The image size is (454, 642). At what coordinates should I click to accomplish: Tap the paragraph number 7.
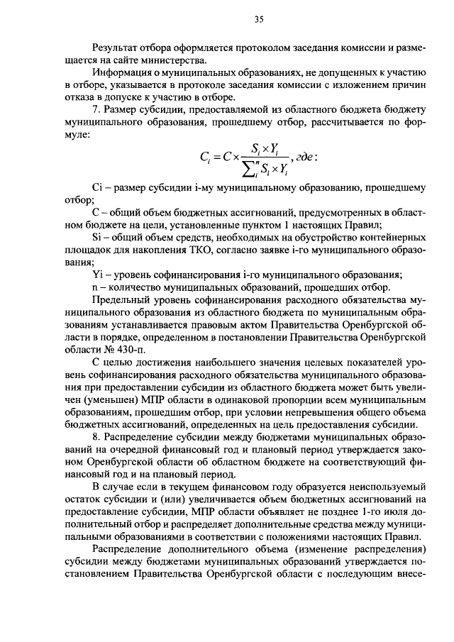97,111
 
